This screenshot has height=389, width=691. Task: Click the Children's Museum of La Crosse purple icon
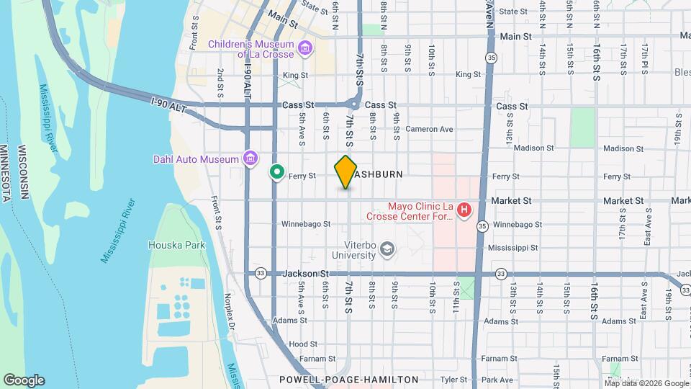click(x=306, y=49)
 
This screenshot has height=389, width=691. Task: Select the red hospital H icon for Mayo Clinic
click(x=464, y=210)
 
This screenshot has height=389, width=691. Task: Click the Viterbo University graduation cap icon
click(x=389, y=249)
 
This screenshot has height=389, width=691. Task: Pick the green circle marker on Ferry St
click(x=276, y=172)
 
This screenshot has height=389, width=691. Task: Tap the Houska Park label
click(x=176, y=245)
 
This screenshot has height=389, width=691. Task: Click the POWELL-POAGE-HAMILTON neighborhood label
click(x=349, y=379)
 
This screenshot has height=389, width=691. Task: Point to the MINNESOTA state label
click(x=6, y=173)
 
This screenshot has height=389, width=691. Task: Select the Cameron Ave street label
click(x=430, y=130)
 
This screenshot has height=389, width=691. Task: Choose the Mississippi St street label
click(x=513, y=247)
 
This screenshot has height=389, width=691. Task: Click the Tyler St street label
click(x=454, y=380)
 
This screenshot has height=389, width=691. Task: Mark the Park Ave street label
click(x=497, y=380)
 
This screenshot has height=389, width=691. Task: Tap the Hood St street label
click(x=303, y=344)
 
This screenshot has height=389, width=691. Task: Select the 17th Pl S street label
click(x=646, y=58)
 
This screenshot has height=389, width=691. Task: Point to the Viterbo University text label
click(x=354, y=249)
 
